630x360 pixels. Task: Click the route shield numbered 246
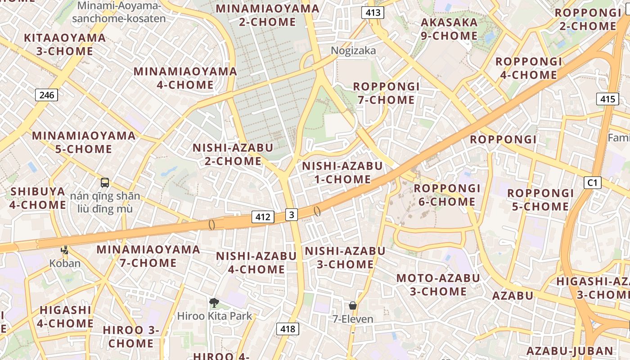coord(47,95)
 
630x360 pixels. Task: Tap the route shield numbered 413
coord(373,13)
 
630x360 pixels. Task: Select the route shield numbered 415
coord(607,99)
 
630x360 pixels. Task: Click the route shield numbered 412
coord(263,217)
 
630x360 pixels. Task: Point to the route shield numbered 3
coord(292,215)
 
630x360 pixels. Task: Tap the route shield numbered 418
coord(288,329)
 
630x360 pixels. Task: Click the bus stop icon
coord(105,183)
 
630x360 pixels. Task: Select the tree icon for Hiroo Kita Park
coord(214,303)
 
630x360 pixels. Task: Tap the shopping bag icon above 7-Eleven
coord(353,306)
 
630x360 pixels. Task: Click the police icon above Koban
coord(65,250)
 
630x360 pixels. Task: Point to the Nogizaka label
coord(353,50)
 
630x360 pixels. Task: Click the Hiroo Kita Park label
coord(215,316)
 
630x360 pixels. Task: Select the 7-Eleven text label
coord(353,319)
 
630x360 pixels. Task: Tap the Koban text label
coord(65,263)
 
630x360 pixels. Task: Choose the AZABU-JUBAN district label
coord(570,351)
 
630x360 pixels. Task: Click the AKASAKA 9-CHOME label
coord(449,29)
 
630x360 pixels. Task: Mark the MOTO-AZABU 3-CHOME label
coord(438,284)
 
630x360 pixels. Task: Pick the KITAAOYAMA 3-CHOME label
coord(65,44)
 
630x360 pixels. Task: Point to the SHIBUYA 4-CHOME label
coord(38,198)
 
